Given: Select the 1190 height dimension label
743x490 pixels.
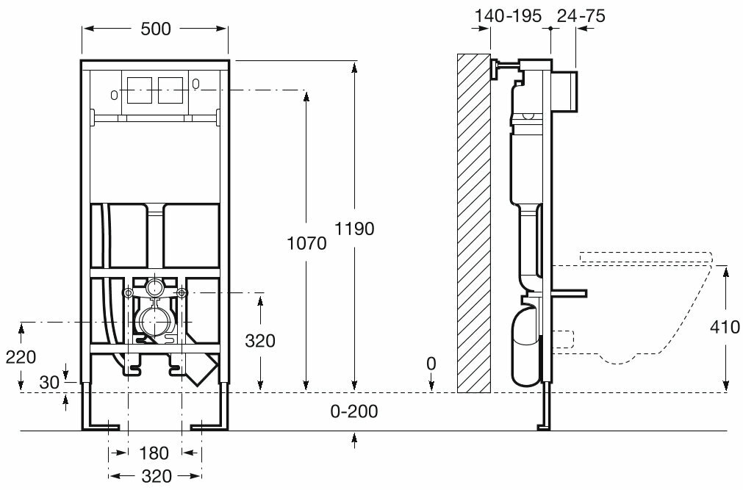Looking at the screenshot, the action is tap(356, 228).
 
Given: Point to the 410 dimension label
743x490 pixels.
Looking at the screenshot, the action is tap(725, 328).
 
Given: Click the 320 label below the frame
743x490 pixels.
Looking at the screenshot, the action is tap(155, 476).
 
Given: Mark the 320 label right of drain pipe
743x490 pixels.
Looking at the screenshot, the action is tap(260, 341).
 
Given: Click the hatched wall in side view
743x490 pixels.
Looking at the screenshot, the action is tap(473, 220).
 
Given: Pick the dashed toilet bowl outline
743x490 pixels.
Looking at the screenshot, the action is tap(647, 309).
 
